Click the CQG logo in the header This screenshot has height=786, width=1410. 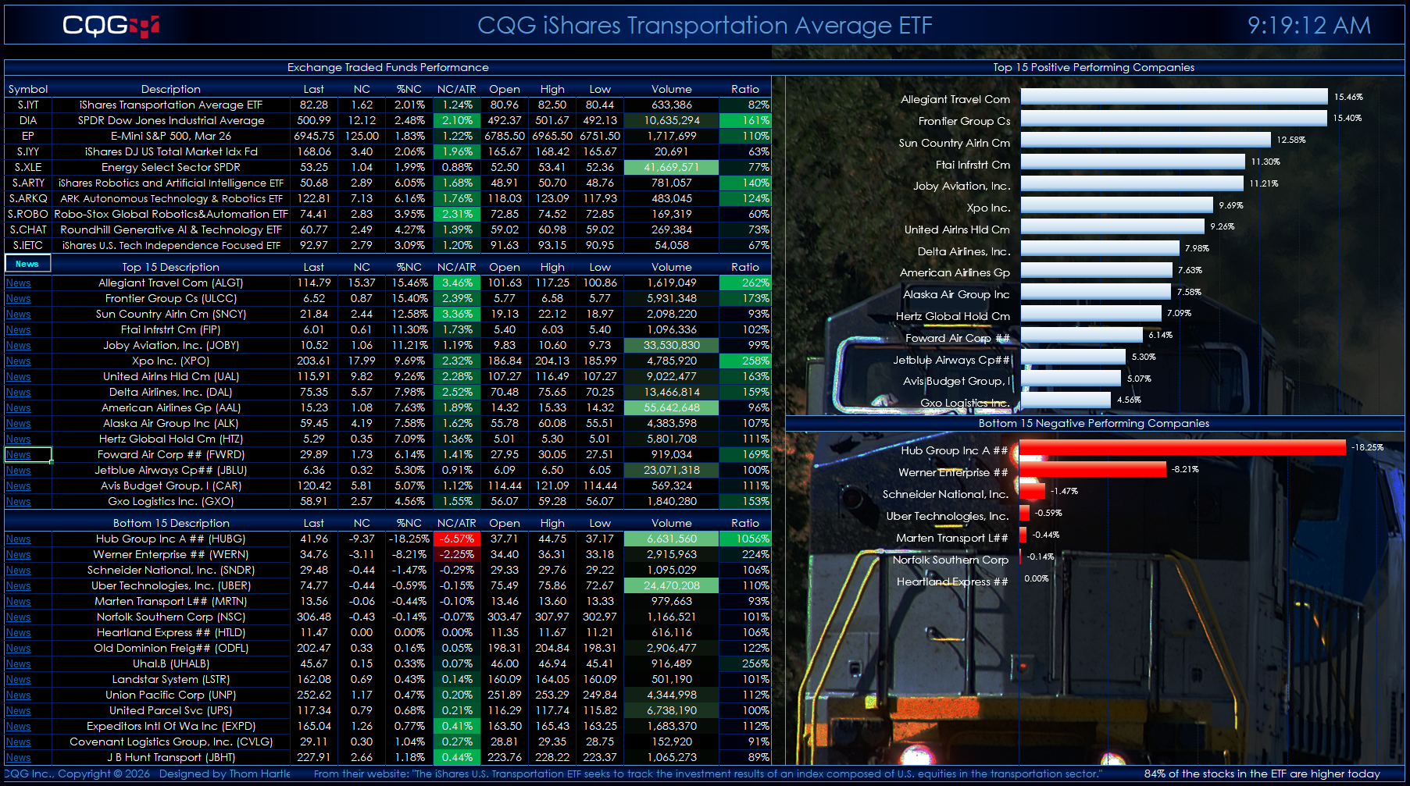[110, 26]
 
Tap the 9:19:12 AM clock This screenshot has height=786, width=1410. [1308, 26]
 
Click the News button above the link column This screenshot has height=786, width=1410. [27, 264]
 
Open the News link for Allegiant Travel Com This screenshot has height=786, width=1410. [18, 283]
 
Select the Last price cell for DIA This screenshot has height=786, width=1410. [313, 120]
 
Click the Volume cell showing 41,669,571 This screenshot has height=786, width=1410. [671, 167]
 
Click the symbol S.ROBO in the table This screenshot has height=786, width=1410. [28, 214]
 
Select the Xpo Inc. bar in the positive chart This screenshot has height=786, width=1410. [1116, 205]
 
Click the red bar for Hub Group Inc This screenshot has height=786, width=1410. [1183, 447]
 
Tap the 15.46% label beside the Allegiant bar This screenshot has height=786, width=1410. [1348, 97]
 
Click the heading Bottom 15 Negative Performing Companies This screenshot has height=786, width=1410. [1094, 423]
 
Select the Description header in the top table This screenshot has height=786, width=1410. [170, 89]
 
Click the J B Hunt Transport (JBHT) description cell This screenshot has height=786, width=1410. [170, 757]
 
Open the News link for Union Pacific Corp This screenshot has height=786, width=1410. [18, 695]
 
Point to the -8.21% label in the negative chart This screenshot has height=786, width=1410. [1185, 469]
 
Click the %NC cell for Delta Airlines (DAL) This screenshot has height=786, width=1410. [409, 392]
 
